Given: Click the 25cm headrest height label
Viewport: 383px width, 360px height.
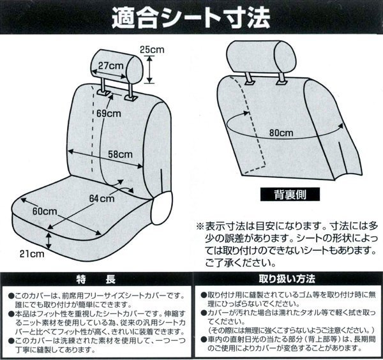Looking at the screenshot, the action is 152,50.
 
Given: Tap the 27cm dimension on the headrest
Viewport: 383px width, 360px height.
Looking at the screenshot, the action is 110,66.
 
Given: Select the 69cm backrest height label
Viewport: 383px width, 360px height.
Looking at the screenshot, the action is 109,114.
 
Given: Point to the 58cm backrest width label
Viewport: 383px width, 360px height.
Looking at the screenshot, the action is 120,154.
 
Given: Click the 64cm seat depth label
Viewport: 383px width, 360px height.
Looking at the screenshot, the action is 101,199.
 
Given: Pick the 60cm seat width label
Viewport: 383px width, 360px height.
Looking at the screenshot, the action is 45,211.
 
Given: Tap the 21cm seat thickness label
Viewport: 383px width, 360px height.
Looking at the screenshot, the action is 32,254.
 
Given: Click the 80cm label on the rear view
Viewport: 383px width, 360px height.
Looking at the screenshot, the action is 281,133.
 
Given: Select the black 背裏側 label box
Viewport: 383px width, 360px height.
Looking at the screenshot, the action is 290,195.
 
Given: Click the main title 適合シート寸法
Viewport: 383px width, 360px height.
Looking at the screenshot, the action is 191,18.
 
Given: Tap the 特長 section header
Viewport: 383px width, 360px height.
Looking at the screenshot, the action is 96,280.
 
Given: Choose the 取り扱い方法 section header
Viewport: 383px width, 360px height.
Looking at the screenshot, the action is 287,279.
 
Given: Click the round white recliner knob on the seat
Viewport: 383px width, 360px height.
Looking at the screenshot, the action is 161,208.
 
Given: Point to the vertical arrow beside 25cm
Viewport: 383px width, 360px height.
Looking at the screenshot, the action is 150,70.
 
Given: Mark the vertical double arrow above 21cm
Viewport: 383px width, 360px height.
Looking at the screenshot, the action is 49,241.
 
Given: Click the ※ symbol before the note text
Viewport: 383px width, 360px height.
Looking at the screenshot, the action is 200,226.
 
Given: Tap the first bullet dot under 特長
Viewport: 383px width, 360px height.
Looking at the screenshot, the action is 11,296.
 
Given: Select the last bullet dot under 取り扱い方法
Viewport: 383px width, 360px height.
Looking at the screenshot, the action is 204,339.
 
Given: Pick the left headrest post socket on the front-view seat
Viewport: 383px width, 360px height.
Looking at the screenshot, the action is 104,93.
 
